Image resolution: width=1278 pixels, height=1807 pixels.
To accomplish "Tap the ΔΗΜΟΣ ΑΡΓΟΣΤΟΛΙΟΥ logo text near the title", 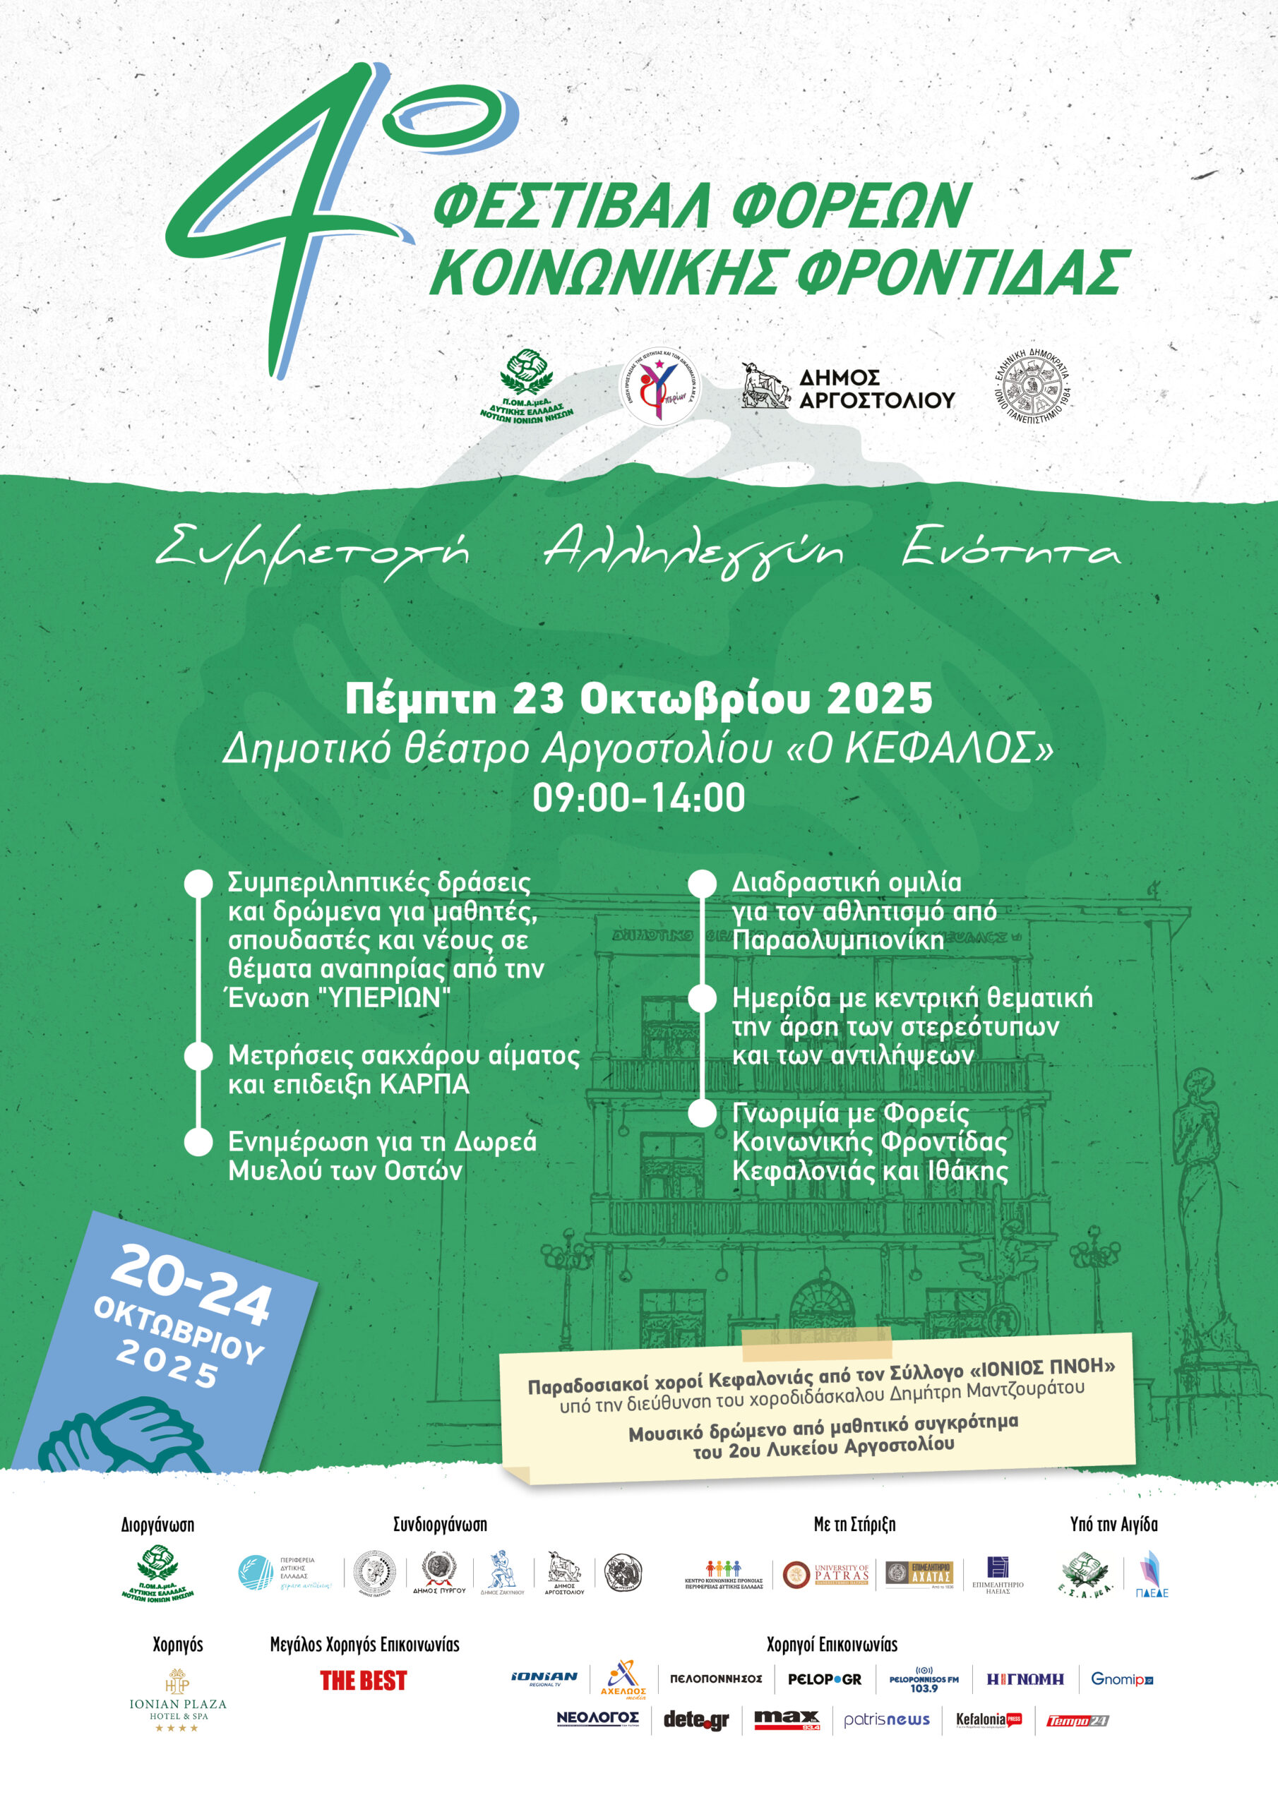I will [876, 389].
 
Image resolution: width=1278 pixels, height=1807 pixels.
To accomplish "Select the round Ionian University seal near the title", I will [1033, 388].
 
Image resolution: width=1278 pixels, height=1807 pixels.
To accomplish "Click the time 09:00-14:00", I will [638, 798].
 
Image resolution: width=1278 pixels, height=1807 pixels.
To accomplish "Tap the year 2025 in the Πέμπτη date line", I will [880, 699].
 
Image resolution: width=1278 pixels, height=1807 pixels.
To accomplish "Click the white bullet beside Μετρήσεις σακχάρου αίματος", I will [198, 1056].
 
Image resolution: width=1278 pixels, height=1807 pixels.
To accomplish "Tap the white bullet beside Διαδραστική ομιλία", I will [702, 883].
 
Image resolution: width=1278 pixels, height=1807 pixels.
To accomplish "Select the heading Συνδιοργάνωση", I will [440, 1525].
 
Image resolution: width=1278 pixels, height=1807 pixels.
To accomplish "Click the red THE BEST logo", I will [363, 1681].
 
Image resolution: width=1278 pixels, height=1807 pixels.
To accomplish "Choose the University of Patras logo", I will [826, 1574].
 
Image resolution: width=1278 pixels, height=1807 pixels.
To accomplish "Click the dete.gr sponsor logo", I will [696, 1720].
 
